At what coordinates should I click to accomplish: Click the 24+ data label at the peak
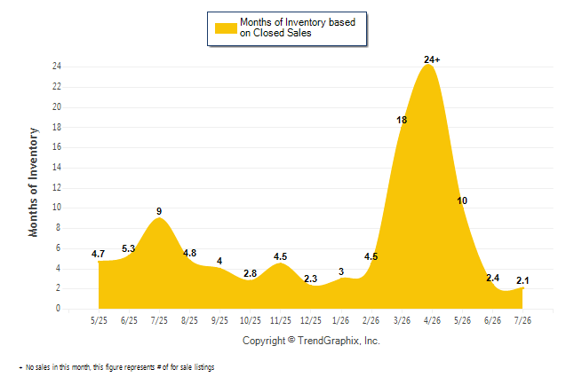(432, 59)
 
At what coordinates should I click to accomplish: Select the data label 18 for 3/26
(402, 120)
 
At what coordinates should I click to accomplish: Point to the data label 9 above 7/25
(159, 211)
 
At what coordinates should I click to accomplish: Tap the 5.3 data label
(129, 248)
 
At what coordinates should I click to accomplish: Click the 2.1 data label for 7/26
(522, 280)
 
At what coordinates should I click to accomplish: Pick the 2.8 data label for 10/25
(250, 273)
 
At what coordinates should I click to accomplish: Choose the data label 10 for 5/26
(462, 200)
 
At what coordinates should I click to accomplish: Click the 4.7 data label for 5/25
(98, 254)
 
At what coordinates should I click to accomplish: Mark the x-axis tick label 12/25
(311, 320)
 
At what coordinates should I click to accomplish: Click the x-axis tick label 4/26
(432, 320)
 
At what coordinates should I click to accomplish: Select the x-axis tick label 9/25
(219, 320)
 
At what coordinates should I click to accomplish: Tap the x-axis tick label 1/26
(341, 320)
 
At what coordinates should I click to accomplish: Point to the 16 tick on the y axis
(57, 147)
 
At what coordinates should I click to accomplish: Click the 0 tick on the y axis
(59, 308)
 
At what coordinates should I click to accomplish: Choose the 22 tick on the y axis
(57, 87)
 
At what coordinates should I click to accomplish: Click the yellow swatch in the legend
(226, 28)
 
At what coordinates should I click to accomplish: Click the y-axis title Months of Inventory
(33, 182)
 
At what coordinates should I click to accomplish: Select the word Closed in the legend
(269, 33)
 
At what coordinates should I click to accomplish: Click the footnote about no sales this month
(116, 367)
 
